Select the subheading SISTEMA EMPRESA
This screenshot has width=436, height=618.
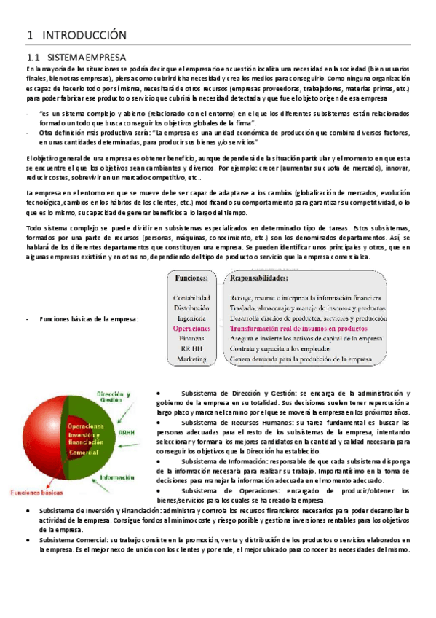tap(86, 57)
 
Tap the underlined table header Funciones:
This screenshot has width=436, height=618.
tap(191, 278)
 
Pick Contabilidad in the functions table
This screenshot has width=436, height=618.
tap(191, 297)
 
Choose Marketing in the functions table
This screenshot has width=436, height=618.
tap(192, 359)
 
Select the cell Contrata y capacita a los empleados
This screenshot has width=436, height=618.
tap(284, 349)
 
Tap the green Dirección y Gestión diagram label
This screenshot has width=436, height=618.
tap(116, 398)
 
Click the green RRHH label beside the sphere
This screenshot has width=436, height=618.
tap(128, 431)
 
